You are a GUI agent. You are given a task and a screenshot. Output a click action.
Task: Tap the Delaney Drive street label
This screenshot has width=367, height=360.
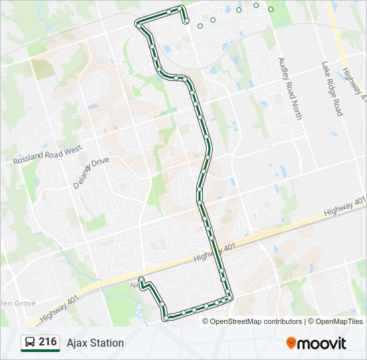91,174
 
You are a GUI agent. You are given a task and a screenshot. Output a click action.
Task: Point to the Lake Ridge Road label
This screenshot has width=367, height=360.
332,89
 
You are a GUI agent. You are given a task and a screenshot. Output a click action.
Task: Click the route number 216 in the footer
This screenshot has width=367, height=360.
47,342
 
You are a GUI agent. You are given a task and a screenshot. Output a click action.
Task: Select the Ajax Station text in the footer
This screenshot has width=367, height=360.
95,343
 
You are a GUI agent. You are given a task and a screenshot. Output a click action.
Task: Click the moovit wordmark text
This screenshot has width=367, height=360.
322,343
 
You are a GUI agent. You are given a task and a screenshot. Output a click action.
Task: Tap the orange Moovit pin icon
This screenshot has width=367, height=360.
292,343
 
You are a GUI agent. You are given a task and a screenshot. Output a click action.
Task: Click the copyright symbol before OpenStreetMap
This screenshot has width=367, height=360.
206,321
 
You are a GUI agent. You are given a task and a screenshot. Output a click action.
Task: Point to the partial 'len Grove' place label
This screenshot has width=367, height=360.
17,303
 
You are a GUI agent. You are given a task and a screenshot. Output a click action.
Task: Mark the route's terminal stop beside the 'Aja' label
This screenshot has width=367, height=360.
141,280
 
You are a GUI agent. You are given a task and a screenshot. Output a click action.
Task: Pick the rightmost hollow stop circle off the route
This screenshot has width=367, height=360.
271,9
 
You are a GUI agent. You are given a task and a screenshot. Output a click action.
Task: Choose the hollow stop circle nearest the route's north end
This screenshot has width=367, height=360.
200,26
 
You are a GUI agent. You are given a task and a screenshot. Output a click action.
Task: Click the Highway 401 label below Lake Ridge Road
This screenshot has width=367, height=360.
345,205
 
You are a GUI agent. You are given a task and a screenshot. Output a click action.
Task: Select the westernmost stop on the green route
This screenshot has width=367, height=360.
138,23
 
